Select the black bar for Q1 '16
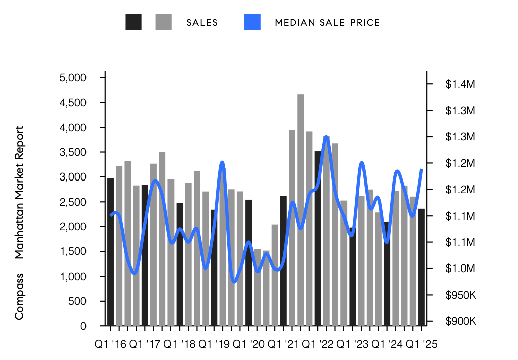pos(110,251)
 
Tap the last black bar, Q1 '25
pos(421,266)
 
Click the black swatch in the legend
pos(133,22)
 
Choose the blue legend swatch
pos(252,22)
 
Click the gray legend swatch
pos(163,22)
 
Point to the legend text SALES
pos(202,23)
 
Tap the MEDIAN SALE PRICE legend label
pos(327,23)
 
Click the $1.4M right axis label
pos(460,84)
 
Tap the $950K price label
pos(460,295)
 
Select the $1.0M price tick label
pos(460,268)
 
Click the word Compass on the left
pos(19,297)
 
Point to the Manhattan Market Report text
pos(19,193)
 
